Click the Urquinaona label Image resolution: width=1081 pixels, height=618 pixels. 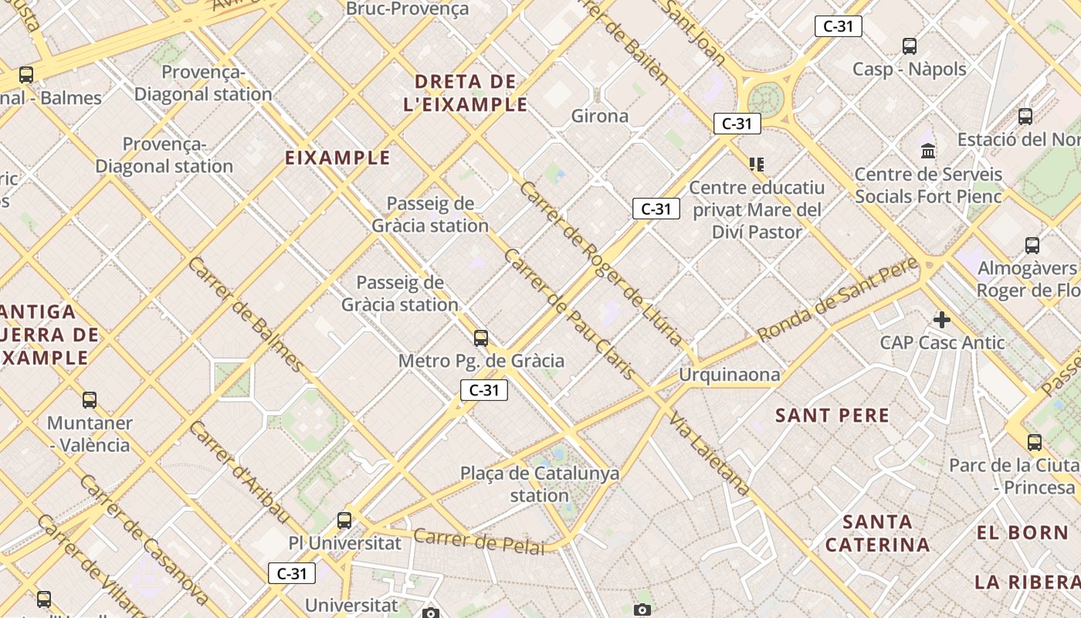click(x=730, y=375)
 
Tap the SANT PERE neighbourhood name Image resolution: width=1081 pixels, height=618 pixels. click(x=832, y=416)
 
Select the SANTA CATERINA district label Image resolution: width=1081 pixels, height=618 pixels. click(x=877, y=533)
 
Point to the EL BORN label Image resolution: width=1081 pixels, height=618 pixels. click(x=1022, y=532)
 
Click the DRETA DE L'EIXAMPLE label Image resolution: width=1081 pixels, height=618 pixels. click(x=465, y=93)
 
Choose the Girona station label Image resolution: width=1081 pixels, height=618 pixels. click(x=600, y=117)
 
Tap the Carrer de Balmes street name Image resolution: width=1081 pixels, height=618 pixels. click(x=246, y=314)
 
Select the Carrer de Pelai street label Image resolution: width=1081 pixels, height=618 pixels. click(x=479, y=541)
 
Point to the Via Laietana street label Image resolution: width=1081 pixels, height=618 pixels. click(x=709, y=454)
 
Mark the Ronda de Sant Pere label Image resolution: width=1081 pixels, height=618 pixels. click(x=838, y=300)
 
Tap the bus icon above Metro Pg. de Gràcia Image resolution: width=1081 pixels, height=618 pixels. click(x=481, y=338)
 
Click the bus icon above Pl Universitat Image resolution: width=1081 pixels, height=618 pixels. click(x=344, y=521)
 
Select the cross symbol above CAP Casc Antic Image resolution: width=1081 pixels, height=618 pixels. click(x=941, y=320)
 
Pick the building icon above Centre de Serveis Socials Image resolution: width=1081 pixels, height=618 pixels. click(x=928, y=151)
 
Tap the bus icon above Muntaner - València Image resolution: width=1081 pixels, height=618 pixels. click(x=90, y=400)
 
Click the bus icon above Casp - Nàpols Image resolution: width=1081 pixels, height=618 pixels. click(x=910, y=46)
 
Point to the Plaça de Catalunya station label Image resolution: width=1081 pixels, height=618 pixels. click(x=540, y=484)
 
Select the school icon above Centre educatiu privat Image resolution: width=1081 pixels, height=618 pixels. click(x=757, y=164)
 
